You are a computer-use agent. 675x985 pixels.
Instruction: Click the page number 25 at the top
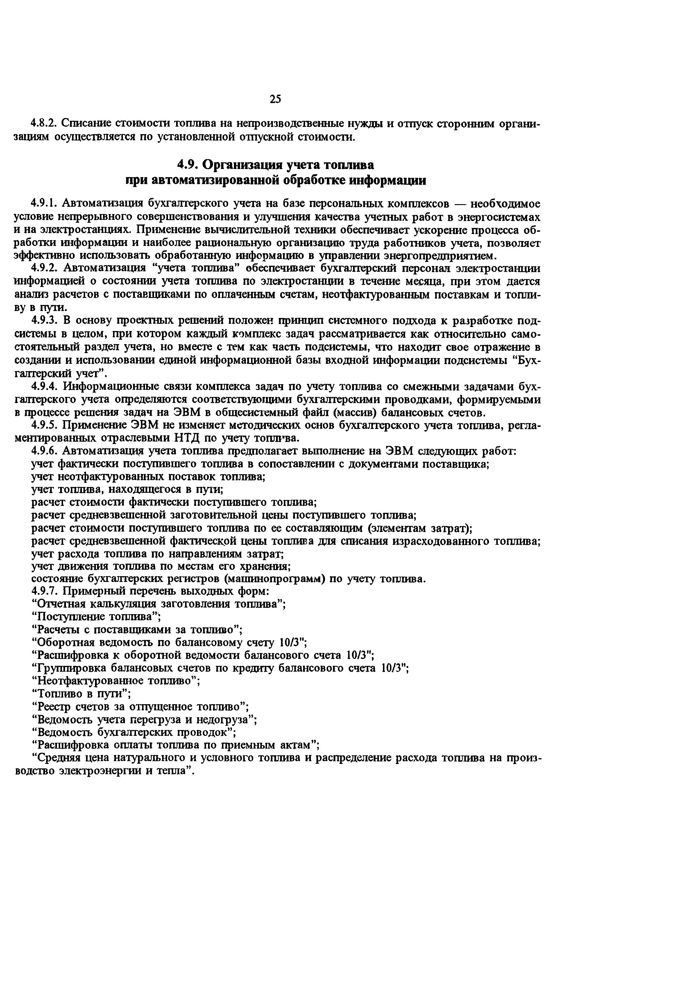(275, 99)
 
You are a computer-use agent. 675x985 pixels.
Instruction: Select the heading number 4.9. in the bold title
(188, 164)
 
